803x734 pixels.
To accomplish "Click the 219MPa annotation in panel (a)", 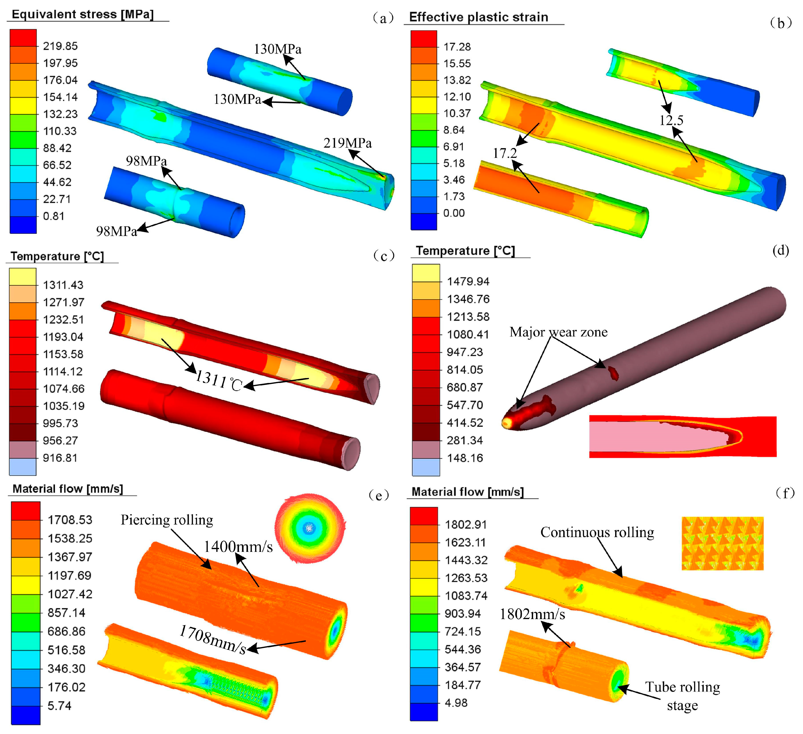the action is tap(348, 143).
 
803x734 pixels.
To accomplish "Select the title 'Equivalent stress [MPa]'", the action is tap(83, 14).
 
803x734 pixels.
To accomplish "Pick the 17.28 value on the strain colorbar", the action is tap(457, 47).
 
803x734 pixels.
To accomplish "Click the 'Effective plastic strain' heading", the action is tap(479, 17).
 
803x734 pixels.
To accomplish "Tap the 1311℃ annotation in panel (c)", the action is tap(219, 381).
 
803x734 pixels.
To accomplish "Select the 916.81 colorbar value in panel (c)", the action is tap(60, 458).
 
